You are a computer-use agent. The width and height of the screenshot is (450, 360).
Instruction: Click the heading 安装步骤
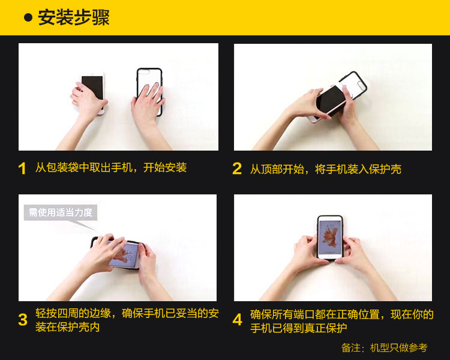pos(74,17)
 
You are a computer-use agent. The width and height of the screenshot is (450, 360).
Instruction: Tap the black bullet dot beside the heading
pos(28,17)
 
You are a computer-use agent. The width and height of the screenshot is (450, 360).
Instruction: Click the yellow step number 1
pos(22,169)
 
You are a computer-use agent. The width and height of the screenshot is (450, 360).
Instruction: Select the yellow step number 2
pos(237,169)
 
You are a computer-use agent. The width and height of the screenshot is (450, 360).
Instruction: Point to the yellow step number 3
pos(23,320)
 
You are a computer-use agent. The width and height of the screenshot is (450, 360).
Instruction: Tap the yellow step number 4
pos(238,320)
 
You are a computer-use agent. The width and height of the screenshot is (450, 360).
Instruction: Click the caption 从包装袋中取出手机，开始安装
pos(111,167)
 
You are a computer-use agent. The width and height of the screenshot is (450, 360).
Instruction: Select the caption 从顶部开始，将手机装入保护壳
pos(326,169)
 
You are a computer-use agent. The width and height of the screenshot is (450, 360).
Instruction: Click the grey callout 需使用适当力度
pos(60,212)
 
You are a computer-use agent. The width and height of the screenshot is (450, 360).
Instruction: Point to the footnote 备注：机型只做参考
pos(384,347)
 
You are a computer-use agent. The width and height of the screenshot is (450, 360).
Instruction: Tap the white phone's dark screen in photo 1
pos(92,87)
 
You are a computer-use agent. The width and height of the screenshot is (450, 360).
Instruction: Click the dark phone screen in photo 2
pos(331,100)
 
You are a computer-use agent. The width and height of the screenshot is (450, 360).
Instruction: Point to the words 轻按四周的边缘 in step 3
pos(73,313)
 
